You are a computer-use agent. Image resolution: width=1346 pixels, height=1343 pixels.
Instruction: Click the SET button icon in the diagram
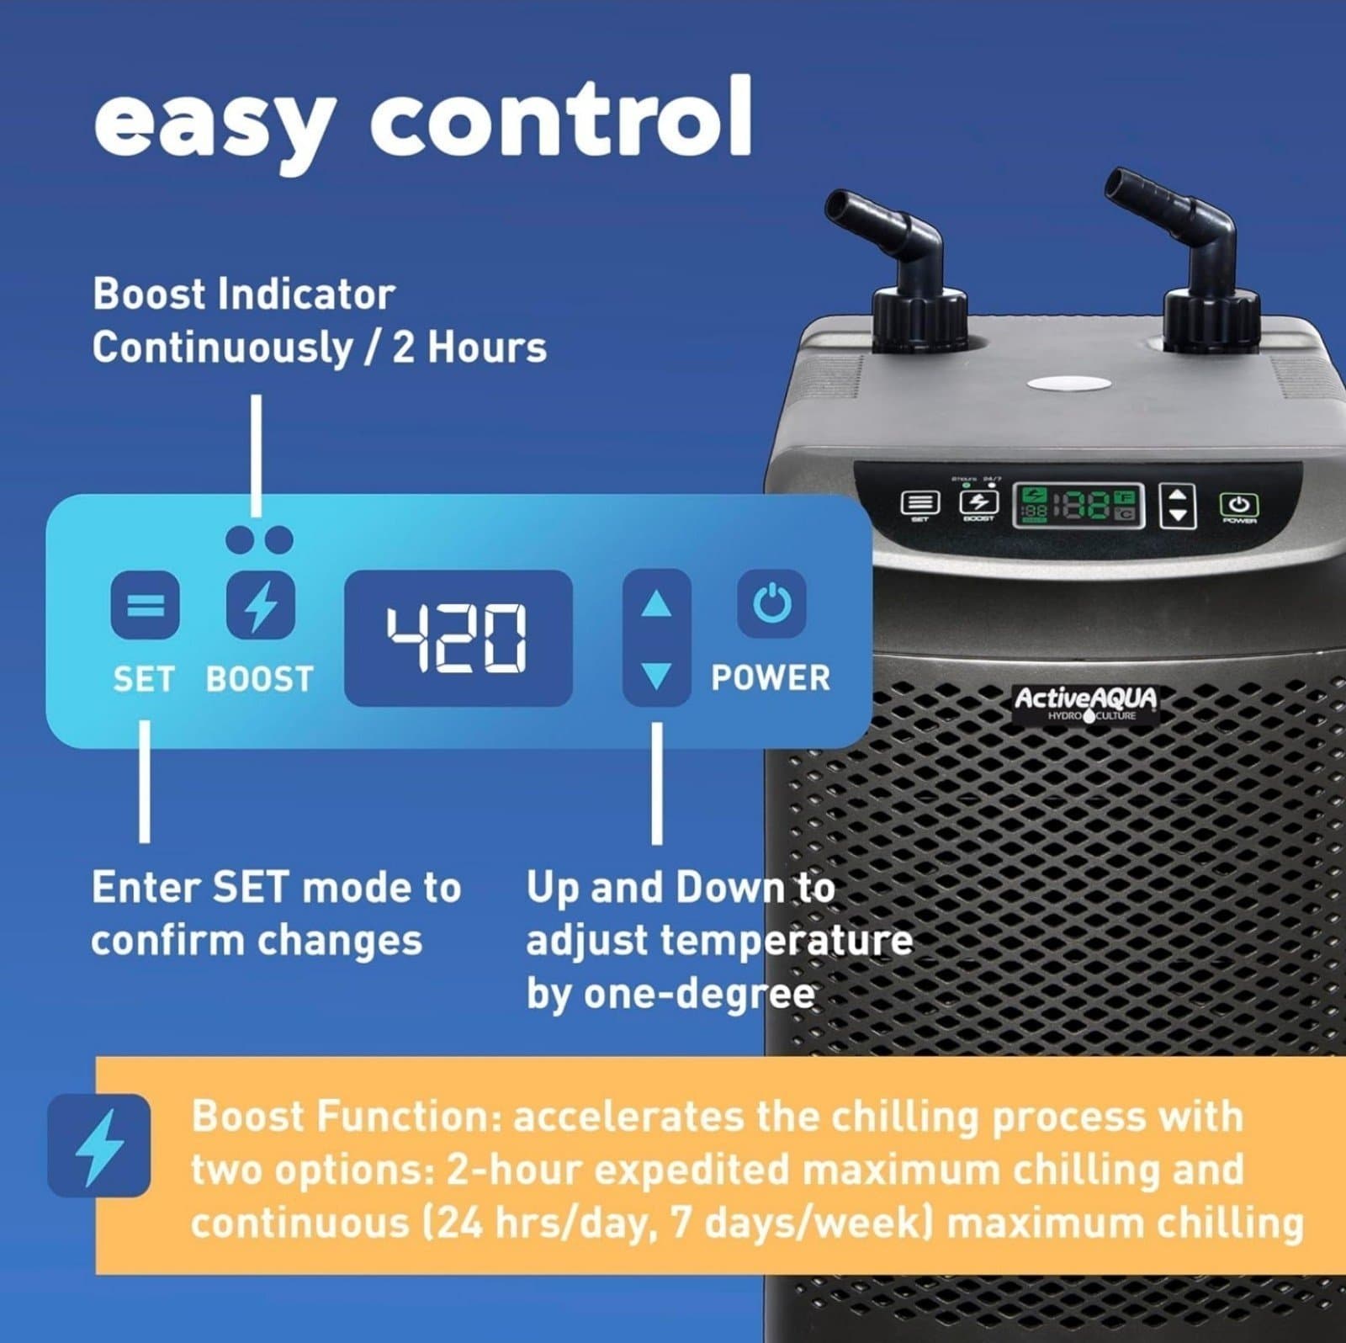pyautogui.click(x=145, y=604)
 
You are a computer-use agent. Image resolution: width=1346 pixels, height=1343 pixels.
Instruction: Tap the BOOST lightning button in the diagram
pyautogui.click(x=261, y=604)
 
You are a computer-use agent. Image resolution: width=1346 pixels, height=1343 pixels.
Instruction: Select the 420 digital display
pyautogui.click(x=458, y=637)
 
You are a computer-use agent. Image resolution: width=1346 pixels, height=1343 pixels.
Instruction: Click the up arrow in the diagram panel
pyautogui.click(x=656, y=603)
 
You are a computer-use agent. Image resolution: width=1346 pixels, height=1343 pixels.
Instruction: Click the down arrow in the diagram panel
pyautogui.click(x=656, y=674)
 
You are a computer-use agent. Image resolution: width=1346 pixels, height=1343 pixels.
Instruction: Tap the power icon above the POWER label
pyautogui.click(x=771, y=603)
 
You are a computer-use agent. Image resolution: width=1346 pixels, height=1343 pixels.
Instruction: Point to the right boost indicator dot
pyautogui.click(x=278, y=540)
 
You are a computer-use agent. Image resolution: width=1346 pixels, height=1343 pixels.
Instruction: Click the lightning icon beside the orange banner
pyautogui.click(x=99, y=1145)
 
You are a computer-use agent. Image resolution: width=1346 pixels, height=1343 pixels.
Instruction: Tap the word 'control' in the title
pyautogui.click(x=559, y=118)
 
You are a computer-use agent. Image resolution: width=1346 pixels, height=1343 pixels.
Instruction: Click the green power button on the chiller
pyautogui.click(x=1238, y=505)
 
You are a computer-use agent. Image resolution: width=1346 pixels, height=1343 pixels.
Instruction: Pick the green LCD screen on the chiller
pyautogui.click(x=1077, y=505)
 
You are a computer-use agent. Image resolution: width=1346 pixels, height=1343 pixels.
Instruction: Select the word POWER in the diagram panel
pyautogui.click(x=770, y=678)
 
